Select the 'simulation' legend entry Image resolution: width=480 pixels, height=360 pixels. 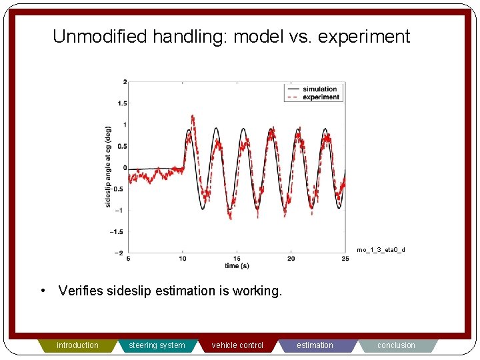click(319, 89)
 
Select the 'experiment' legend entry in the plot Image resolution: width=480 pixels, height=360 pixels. click(321, 97)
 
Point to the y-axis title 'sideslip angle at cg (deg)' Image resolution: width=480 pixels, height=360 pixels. click(108, 167)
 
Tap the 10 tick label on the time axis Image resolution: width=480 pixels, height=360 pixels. click(182, 259)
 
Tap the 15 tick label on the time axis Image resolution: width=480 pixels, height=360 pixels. click(237, 259)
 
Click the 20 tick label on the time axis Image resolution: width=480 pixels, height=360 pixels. click(291, 259)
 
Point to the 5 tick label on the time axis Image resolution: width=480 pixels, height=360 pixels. click(128, 259)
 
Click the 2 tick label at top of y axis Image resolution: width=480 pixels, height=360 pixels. click(125, 82)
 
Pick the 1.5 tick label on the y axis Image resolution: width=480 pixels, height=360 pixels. click(121, 103)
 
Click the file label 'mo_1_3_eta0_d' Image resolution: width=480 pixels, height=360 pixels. click(381, 250)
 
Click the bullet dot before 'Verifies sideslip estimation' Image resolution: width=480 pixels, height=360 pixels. click(42, 291)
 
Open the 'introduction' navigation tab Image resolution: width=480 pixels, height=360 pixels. click(77, 345)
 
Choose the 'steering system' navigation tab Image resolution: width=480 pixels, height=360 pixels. click(157, 345)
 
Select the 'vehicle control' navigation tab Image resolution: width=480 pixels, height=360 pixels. click(237, 345)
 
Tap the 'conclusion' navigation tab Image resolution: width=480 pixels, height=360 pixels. click(396, 345)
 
